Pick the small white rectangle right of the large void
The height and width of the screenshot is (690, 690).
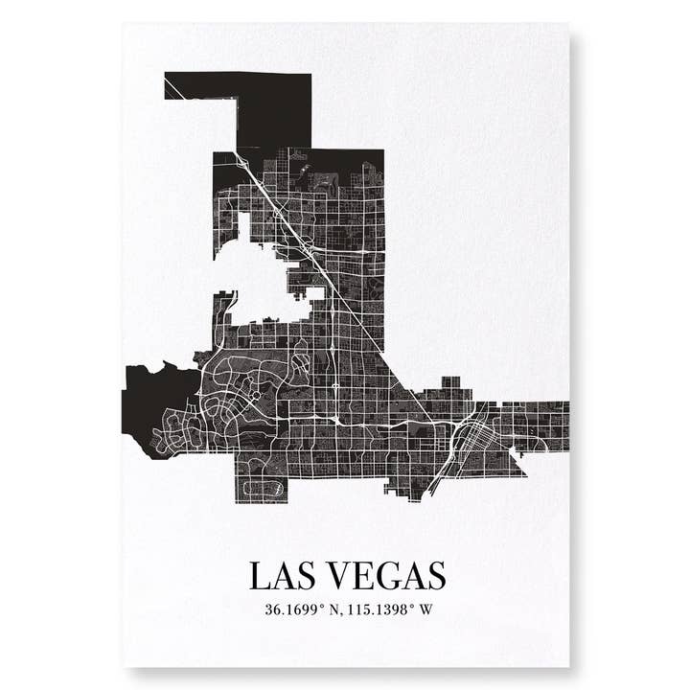(312, 291)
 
